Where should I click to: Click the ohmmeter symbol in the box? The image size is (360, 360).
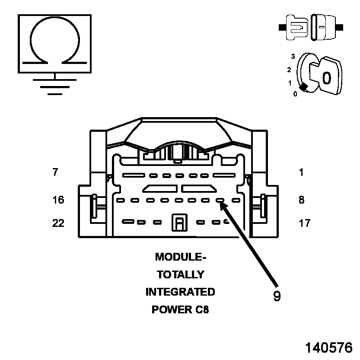click(x=54, y=43)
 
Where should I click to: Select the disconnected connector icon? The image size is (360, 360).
click(x=311, y=27)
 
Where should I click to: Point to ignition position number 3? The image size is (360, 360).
click(x=293, y=56)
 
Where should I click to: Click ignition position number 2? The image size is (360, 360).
click(x=289, y=69)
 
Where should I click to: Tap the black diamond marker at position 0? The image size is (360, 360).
click(x=304, y=87)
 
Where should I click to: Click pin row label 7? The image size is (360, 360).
click(x=55, y=172)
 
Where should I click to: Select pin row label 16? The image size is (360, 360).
click(x=58, y=200)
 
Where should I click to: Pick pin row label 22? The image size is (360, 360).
click(x=58, y=223)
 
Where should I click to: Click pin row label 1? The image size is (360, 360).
click(x=301, y=172)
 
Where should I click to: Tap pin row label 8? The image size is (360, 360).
click(x=301, y=200)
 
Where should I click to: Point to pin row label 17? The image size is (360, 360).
click(x=304, y=223)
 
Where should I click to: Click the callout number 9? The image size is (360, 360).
click(x=277, y=296)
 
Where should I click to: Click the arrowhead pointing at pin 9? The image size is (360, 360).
click(x=223, y=206)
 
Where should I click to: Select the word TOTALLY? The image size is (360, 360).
click(x=180, y=274)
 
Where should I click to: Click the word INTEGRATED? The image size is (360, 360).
click(x=180, y=292)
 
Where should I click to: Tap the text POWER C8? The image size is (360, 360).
click(x=180, y=310)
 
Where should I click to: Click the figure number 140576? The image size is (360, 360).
click(x=329, y=347)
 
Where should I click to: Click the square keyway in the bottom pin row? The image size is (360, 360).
click(x=178, y=223)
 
